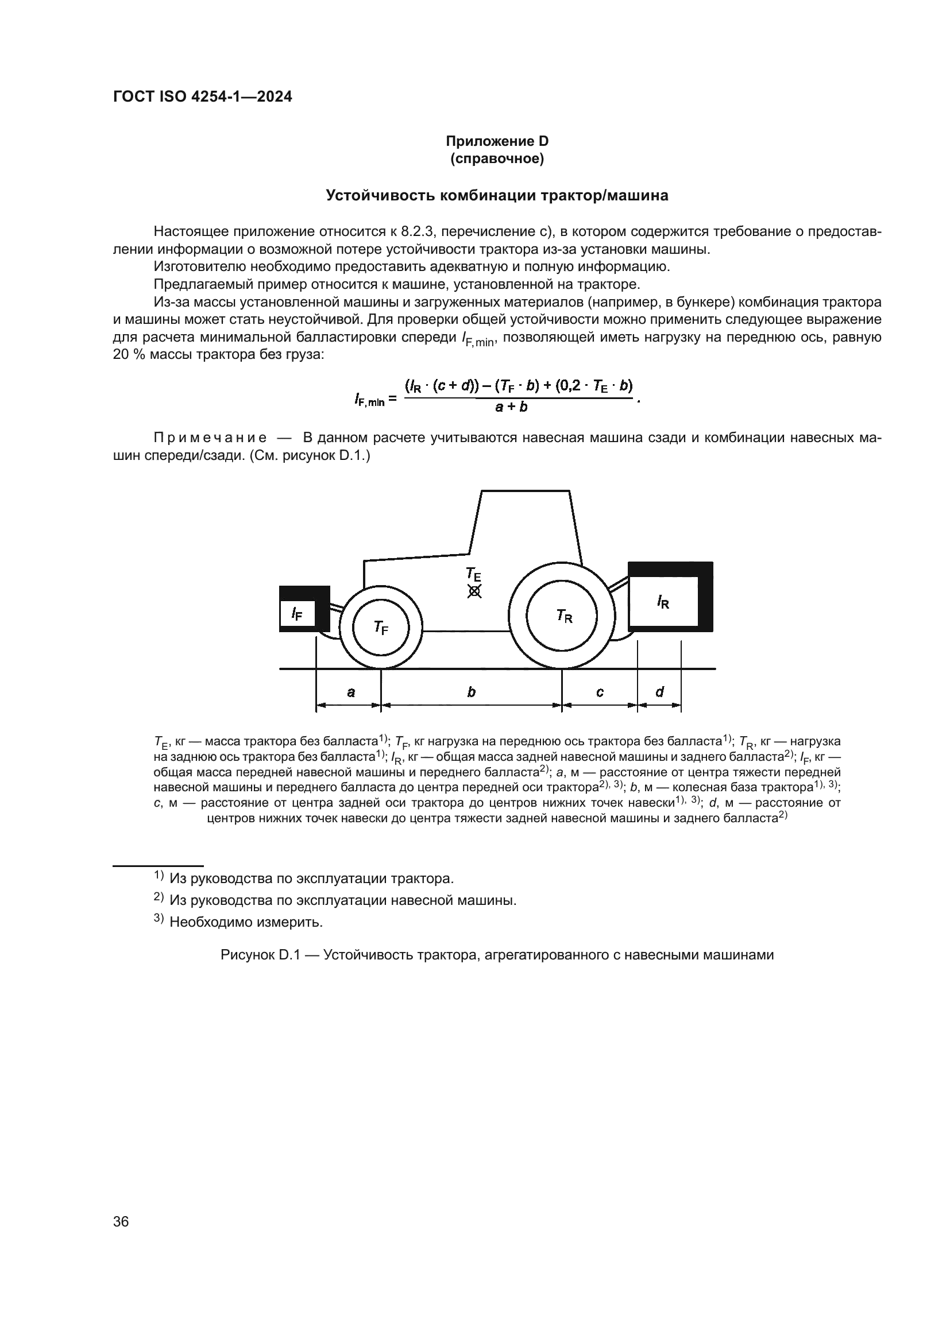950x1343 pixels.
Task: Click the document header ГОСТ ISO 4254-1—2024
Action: pos(202,97)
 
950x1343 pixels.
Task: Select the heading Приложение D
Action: pos(497,141)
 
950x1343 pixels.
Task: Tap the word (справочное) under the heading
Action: pos(497,158)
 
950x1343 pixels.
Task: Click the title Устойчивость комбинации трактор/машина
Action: pos(497,195)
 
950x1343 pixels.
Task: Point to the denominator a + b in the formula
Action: pos(511,407)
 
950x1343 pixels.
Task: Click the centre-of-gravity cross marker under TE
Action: pos(474,592)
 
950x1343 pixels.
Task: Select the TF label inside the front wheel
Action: pos(381,628)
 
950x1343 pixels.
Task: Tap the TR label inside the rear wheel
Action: pos(564,616)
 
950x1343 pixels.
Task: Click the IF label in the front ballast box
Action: pos(296,614)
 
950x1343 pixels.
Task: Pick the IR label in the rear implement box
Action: pos(663,602)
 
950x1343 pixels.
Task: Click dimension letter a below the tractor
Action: pos(350,692)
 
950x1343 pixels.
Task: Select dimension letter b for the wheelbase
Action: pos(472,692)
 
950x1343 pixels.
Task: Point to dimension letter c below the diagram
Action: pos(600,692)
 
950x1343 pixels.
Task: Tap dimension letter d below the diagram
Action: pos(659,692)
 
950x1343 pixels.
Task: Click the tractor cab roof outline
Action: pos(526,491)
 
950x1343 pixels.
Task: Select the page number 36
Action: pos(121,1221)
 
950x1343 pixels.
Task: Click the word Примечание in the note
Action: pos(210,438)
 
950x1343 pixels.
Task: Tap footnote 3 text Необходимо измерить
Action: pos(246,923)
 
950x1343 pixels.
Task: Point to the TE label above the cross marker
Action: pos(473,573)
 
